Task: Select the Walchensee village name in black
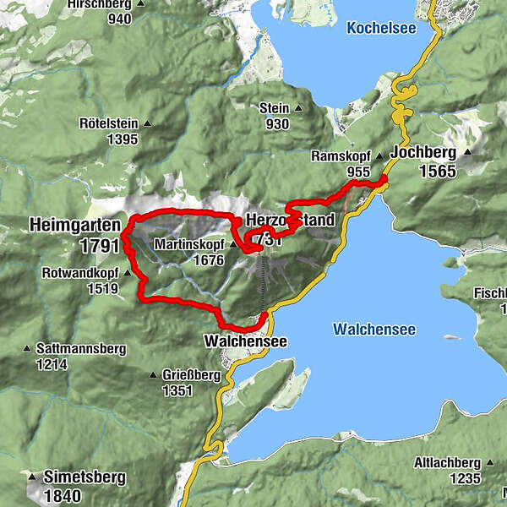point(245,341)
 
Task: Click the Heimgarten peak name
point(74,226)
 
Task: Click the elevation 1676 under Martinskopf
point(207,260)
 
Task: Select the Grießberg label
point(189,375)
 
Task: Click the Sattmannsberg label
point(80,348)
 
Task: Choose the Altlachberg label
point(447,463)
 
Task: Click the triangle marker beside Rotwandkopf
point(127,273)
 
